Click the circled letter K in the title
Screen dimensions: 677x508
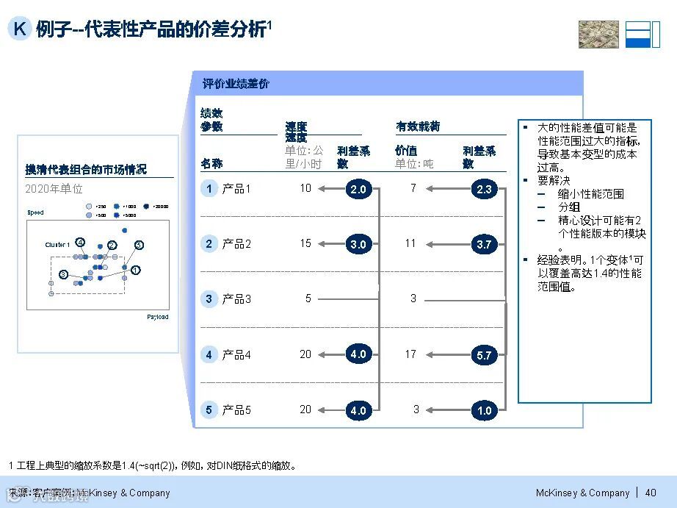20,29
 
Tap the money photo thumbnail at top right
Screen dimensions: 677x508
598,35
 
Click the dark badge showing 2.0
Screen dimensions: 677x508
358,190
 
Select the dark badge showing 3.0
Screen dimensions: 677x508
358,245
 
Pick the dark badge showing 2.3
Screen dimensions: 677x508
484,190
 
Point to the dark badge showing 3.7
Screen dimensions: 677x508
484,245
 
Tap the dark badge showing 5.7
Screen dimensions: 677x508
484,355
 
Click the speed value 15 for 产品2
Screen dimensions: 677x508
305,243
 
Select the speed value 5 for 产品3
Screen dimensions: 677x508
308,298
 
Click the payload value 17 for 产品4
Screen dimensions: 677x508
410,354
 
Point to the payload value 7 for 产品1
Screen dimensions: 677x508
413,188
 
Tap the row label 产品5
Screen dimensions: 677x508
236,410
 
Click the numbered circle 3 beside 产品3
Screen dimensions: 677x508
209,299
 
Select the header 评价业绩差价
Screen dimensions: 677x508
236,84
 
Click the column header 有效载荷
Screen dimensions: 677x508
418,126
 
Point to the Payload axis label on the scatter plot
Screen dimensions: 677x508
158,317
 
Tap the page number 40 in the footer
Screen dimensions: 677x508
651,493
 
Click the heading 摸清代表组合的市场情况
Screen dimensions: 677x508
86,170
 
